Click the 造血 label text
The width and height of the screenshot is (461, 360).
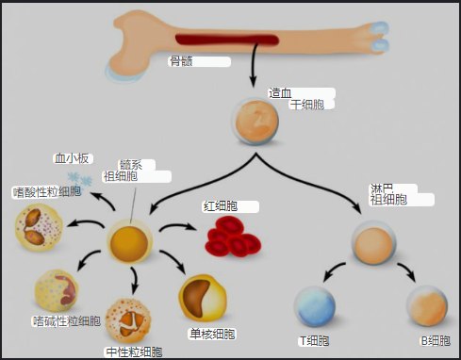pyautogui.click(x=280, y=92)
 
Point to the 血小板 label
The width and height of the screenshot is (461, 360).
pyautogui.click(x=71, y=158)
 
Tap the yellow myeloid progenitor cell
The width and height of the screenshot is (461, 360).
pyautogui.click(x=129, y=242)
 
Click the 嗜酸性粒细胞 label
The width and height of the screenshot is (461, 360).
pyautogui.click(x=46, y=192)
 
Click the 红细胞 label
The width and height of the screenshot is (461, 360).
pyautogui.click(x=220, y=205)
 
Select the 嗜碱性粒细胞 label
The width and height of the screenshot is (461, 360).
pyautogui.click(x=66, y=321)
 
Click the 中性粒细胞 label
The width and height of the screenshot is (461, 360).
pyautogui.click(x=133, y=352)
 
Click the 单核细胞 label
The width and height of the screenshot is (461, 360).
pyautogui.click(x=212, y=334)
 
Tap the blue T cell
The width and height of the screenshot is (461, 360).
pyautogui.click(x=314, y=306)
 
